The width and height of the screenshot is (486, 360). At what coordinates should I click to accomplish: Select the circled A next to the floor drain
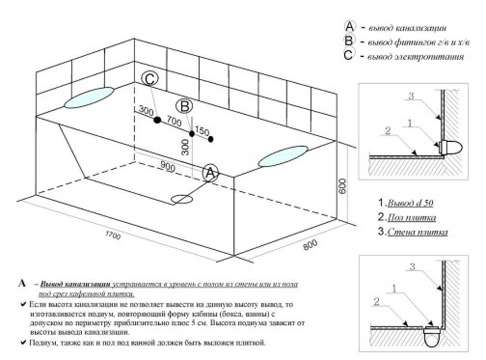(x=210, y=173)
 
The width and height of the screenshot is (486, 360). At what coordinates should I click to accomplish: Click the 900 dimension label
(x=168, y=165)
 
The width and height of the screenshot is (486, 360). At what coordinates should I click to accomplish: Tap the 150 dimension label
(x=202, y=131)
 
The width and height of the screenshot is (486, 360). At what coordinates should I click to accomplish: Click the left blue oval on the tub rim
(x=89, y=98)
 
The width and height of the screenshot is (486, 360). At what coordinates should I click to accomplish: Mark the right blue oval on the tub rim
(x=283, y=156)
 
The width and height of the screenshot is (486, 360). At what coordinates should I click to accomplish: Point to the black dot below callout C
(x=157, y=120)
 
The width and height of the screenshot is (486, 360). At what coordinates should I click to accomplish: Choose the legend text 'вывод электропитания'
(x=416, y=57)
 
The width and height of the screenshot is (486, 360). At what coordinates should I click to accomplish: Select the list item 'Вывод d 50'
(x=410, y=203)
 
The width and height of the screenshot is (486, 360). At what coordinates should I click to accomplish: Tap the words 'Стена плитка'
(x=418, y=233)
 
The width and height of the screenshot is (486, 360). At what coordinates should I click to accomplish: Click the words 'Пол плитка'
(x=412, y=218)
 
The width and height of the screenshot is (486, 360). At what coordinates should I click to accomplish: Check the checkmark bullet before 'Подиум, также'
(x=22, y=343)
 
